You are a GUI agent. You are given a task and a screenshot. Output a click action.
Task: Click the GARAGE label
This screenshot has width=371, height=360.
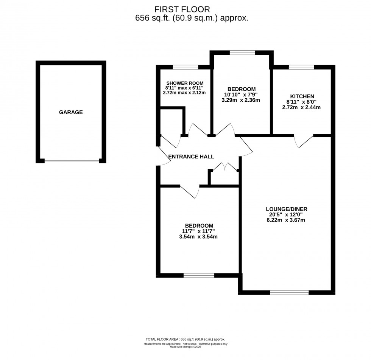pyautogui.click(x=71, y=112)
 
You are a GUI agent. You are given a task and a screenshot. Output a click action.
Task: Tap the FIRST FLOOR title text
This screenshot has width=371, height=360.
pyautogui.click(x=182, y=9)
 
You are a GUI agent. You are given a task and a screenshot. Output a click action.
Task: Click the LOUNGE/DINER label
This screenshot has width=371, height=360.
pyautogui.click(x=286, y=209)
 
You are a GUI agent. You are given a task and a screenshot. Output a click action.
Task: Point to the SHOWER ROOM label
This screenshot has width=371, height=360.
pyautogui.click(x=184, y=83)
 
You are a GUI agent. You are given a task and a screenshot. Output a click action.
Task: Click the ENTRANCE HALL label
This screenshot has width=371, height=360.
pyautogui.click(x=191, y=157)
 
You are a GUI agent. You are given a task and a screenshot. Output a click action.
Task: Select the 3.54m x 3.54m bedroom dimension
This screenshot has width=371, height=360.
pyautogui.click(x=198, y=237)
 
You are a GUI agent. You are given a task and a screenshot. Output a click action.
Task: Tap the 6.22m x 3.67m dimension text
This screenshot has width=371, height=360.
pyautogui.click(x=286, y=220)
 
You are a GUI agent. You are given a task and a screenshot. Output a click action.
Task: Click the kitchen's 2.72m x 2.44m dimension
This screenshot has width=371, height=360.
pyautogui.click(x=301, y=107)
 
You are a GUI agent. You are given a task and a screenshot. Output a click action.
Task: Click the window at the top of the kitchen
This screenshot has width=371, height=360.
pyautogui.click(x=301, y=67)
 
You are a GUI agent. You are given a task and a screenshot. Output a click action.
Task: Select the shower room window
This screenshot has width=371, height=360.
pyautogui.click(x=185, y=67)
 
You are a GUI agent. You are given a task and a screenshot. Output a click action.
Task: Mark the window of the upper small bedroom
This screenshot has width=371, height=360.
pyautogui.click(x=242, y=53)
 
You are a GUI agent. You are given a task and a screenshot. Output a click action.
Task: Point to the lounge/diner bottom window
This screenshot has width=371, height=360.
pyautogui.click(x=289, y=292)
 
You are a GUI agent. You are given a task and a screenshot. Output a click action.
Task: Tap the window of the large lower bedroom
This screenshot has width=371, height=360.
pyautogui.click(x=199, y=275)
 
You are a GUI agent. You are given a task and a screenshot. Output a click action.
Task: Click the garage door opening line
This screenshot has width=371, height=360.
pyautogui.click(x=72, y=161)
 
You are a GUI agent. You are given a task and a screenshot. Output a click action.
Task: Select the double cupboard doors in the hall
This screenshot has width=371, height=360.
pyautogui.click(x=224, y=166)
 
